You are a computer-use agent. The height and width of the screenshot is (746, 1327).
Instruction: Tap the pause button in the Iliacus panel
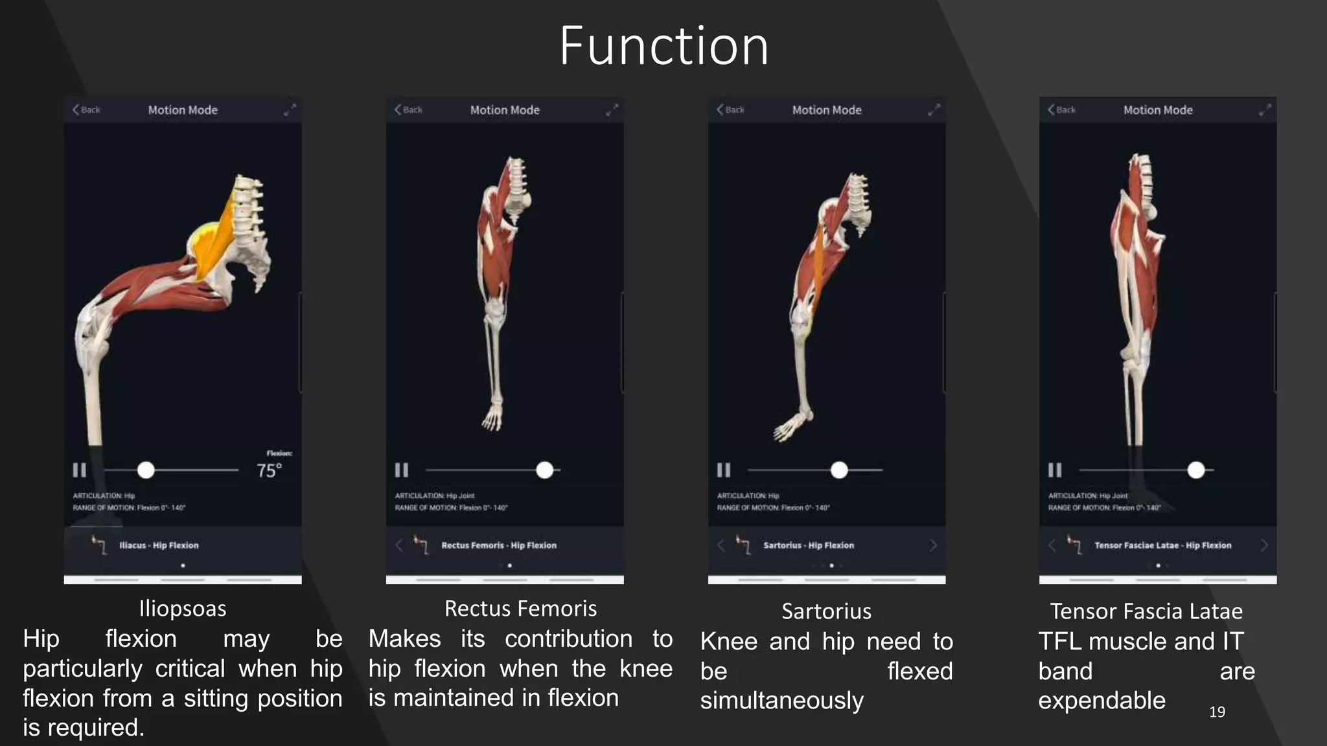(79, 470)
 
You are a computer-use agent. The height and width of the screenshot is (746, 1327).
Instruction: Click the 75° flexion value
(269, 471)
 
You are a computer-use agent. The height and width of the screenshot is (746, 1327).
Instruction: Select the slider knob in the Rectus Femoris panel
(545, 470)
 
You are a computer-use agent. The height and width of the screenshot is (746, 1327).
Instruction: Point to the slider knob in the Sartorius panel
(839, 470)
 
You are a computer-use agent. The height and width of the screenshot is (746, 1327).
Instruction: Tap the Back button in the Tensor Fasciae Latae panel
(1061, 110)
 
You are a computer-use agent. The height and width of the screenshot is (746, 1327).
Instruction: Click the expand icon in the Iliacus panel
(290, 110)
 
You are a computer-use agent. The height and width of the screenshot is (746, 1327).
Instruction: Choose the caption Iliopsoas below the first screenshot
(183, 609)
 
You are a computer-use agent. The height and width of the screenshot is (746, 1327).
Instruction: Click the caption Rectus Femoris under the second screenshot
(520, 609)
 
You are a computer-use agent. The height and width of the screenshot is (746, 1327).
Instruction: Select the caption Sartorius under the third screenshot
(826, 611)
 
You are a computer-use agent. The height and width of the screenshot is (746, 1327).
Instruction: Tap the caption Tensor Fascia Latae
(1146, 611)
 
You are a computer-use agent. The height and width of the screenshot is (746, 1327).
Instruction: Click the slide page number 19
(1217, 712)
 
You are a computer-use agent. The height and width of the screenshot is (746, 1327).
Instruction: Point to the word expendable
(1102, 701)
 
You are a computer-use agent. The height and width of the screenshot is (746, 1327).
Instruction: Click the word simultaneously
(781, 701)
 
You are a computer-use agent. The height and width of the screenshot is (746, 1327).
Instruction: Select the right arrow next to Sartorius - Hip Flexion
(933, 545)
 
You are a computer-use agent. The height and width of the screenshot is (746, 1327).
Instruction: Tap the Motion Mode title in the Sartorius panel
(827, 110)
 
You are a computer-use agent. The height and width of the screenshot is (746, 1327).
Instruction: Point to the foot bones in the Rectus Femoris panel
(492, 418)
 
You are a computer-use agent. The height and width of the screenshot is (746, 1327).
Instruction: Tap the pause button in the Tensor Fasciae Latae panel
(1055, 470)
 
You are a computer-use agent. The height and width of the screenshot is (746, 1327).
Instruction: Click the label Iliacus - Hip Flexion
(159, 545)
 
